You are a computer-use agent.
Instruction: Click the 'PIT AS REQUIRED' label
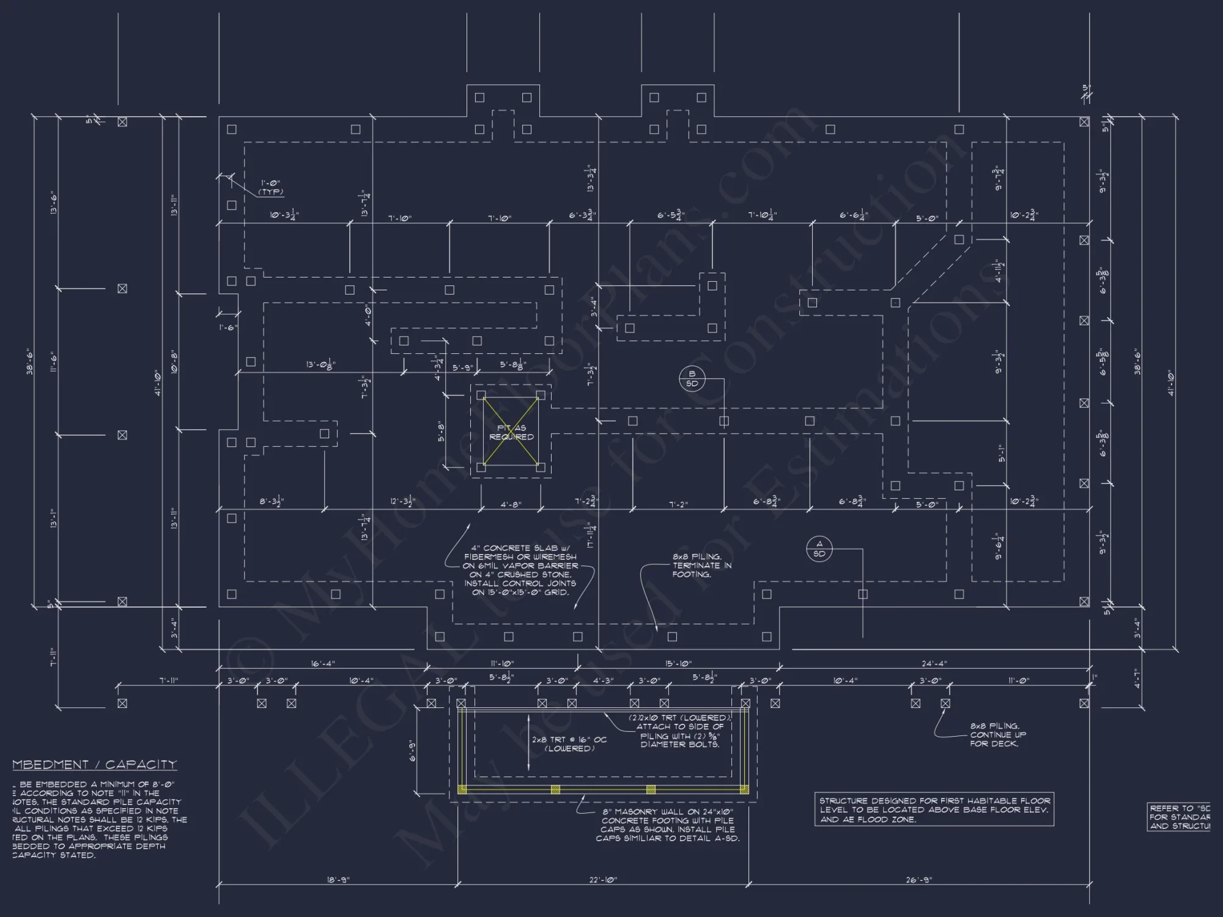(511, 432)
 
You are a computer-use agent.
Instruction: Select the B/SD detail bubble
(692, 379)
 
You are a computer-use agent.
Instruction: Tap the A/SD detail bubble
(819, 549)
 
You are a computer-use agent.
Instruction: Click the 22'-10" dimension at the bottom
(603, 880)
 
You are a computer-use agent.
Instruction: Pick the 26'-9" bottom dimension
(919, 880)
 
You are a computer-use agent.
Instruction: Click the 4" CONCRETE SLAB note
(519, 570)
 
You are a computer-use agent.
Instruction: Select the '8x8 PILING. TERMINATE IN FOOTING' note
(697, 565)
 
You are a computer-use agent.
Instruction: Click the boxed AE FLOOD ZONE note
(934, 809)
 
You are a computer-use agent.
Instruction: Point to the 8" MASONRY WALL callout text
(667, 825)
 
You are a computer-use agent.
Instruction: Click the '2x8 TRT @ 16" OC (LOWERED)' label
(569, 744)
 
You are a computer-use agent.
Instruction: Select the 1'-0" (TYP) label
(270, 187)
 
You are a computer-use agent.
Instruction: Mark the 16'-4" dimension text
(322, 663)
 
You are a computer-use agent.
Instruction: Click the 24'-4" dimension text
(934, 663)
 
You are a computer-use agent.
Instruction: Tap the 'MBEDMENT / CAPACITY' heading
(95, 765)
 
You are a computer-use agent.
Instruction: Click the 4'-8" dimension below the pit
(511, 505)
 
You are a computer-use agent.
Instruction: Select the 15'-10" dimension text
(678, 663)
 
